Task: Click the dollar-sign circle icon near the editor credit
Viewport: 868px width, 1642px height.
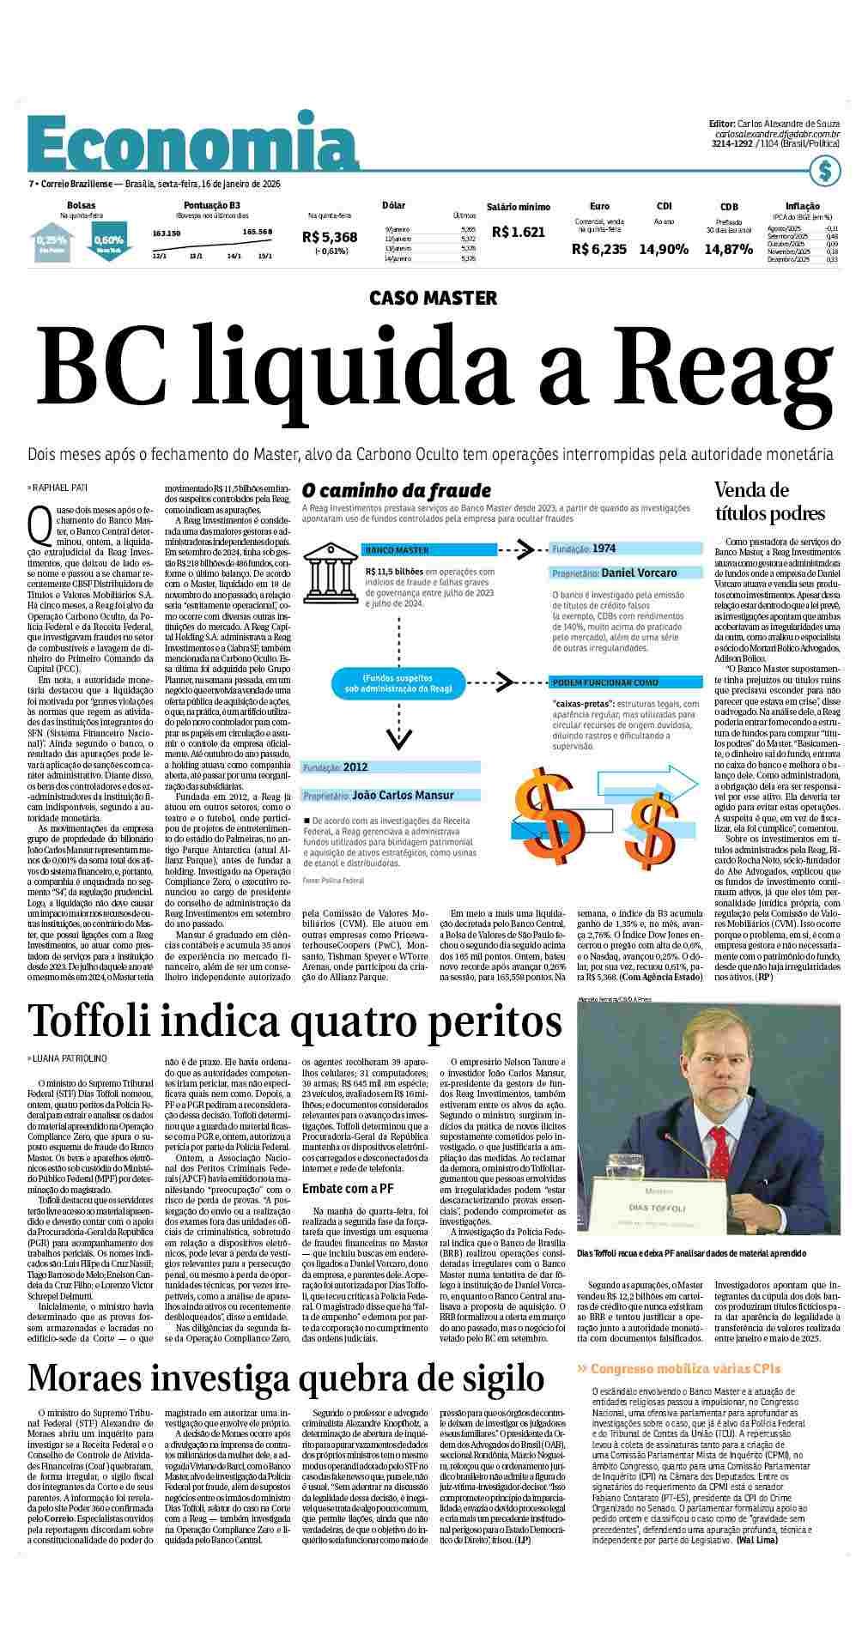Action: (824, 170)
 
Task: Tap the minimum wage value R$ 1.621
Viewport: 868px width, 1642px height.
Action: (518, 232)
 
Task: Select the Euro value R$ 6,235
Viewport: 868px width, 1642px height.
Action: (599, 249)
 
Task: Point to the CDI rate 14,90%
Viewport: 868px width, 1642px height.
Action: (664, 249)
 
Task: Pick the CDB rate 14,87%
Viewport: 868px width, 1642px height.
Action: (728, 249)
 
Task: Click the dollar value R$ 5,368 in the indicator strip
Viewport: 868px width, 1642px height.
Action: (330, 237)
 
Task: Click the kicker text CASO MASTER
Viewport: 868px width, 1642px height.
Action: (433, 298)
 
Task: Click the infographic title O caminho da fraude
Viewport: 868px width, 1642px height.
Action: (396, 491)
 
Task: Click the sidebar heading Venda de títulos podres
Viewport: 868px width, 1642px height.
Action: (769, 502)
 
